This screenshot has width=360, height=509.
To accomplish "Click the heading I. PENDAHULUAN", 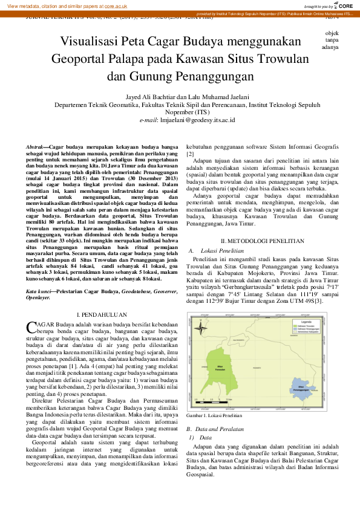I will click(x=102, y=315).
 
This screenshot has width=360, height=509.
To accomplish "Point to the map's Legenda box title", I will click(x=299, y=323).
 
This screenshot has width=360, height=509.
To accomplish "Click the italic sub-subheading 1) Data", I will click(x=201, y=420).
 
